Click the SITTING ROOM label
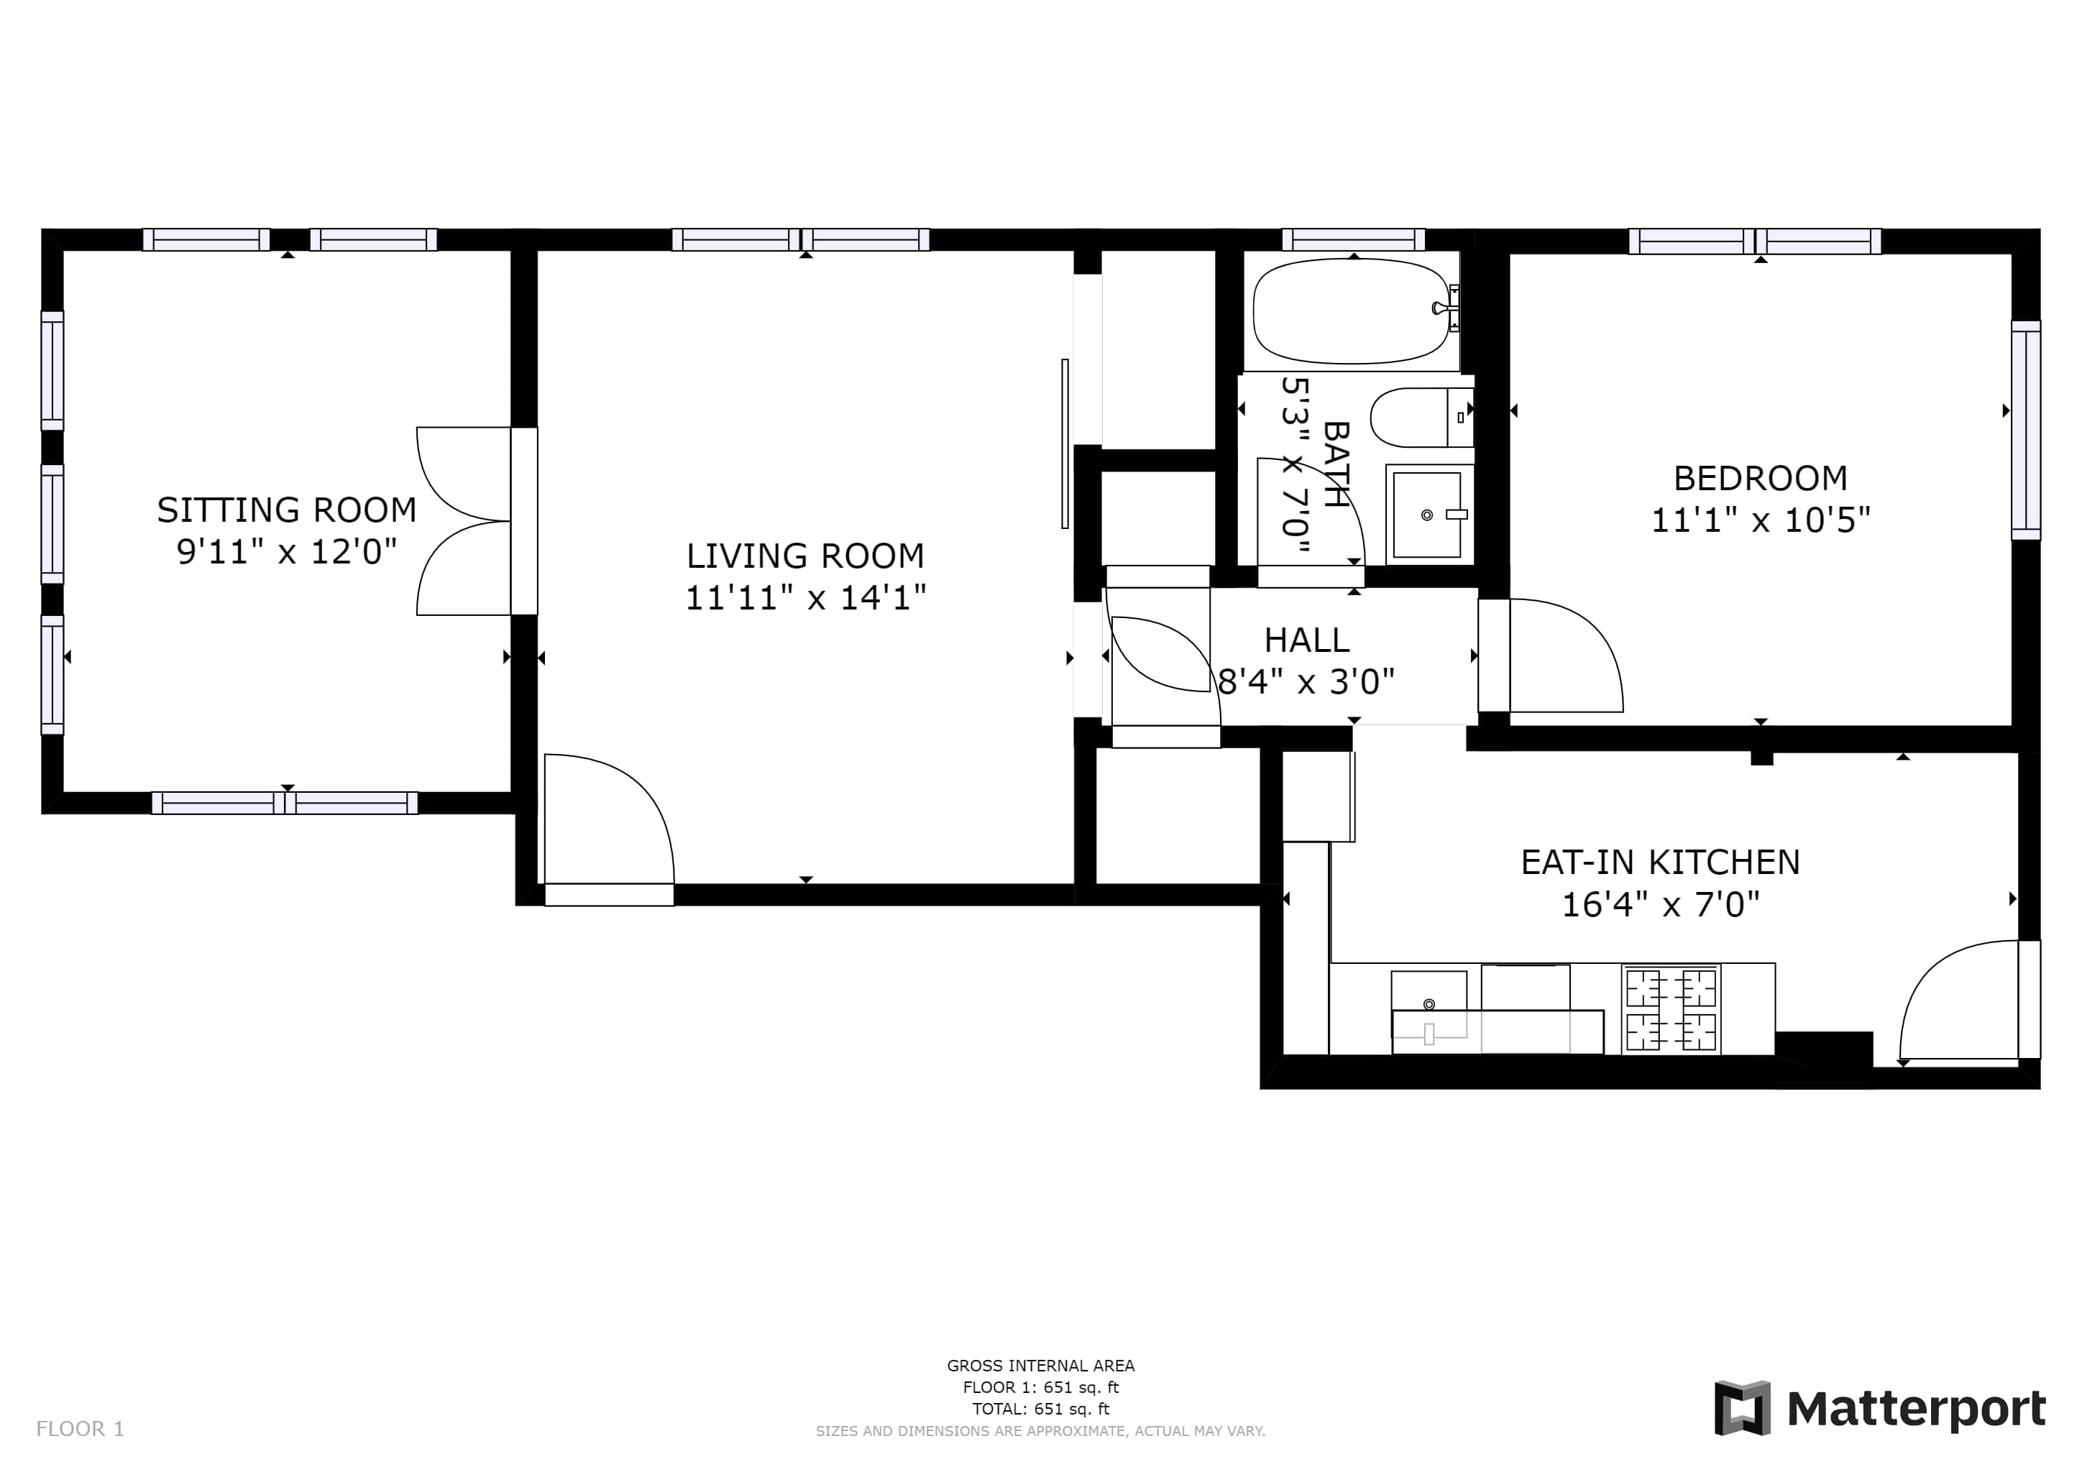tap(287, 510)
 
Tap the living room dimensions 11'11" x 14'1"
tap(805, 598)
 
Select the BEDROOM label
tap(1760, 478)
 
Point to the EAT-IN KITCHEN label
tap(1660, 862)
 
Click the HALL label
tap(1307, 641)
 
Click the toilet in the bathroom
tap(1421, 418)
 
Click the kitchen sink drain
tap(1429, 1004)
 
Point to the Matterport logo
tap(1880, 1409)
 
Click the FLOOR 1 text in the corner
tap(80, 1430)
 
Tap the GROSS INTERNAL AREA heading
tap(1040, 1365)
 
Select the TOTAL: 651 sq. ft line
tap(1040, 1409)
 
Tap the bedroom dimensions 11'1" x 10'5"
tap(1760, 520)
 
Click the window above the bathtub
tap(1353, 239)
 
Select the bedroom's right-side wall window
tap(2026, 430)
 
